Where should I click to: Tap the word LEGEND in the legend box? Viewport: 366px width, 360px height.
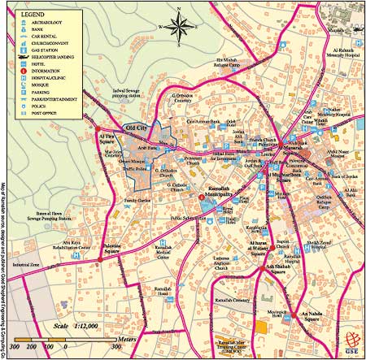[33, 15]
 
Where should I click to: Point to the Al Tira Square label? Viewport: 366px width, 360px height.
[107, 138]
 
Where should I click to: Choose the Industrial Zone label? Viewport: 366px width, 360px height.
[26, 265]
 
